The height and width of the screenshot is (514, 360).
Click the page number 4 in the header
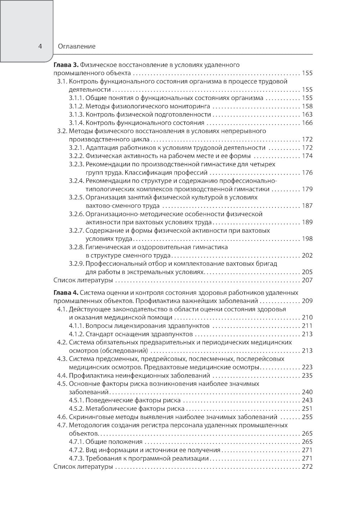click(x=40, y=46)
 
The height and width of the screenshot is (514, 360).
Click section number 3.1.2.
click(x=76, y=106)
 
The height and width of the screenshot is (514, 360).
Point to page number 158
click(x=307, y=106)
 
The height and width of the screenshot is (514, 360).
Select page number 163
click(x=307, y=115)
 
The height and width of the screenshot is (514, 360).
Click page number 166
click(x=307, y=123)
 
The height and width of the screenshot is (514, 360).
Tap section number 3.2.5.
click(x=76, y=197)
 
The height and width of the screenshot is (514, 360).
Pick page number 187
click(x=307, y=206)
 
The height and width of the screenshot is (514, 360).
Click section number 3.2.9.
click(x=76, y=264)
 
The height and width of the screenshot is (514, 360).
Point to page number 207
click(x=307, y=281)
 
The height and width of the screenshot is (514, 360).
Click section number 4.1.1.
click(x=76, y=326)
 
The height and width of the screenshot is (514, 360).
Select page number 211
click(x=307, y=326)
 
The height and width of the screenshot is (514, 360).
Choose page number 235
click(x=307, y=376)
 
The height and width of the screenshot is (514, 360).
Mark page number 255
click(x=307, y=417)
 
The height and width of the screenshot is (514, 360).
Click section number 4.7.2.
click(x=76, y=450)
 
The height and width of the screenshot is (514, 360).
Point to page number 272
click(x=307, y=467)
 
